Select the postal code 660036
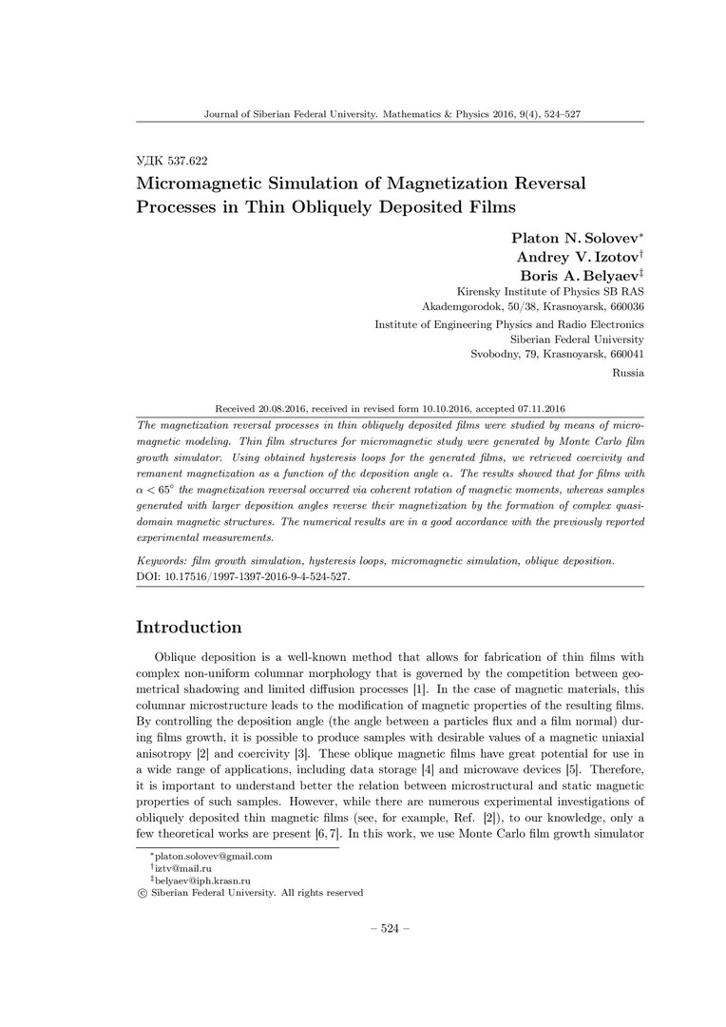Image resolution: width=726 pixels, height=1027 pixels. point(622,307)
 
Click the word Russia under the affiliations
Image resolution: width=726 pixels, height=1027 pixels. point(629,373)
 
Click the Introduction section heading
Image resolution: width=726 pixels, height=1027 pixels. point(189,628)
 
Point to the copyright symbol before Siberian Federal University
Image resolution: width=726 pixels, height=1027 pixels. point(143,893)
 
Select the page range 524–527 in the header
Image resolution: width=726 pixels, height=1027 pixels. point(561,114)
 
